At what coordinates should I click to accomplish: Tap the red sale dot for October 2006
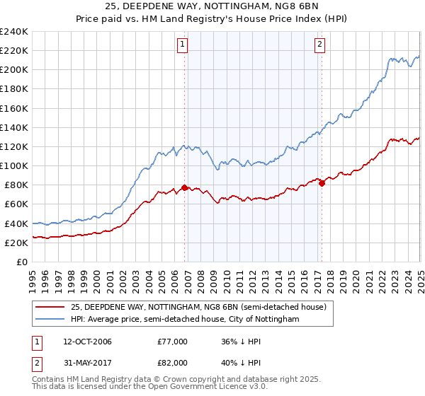point(185,187)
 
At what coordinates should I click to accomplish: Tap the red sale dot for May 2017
point(322,183)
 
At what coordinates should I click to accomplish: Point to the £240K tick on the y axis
point(14,32)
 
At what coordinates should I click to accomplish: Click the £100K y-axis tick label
point(14,165)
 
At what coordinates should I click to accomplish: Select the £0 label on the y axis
point(21,262)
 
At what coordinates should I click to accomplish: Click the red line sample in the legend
point(50,307)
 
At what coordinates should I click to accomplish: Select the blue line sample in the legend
point(50,320)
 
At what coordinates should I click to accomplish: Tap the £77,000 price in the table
point(172,341)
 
